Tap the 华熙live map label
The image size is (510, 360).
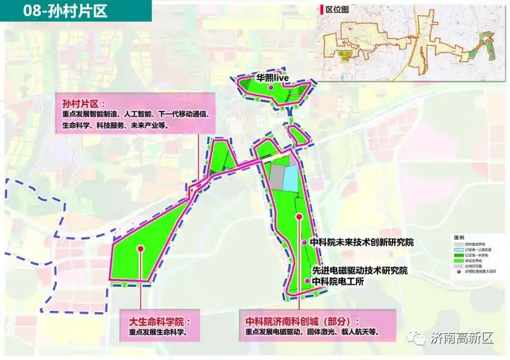pos(273,78)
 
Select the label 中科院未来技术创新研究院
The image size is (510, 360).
pos(361,243)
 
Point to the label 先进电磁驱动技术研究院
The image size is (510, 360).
pos(360,271)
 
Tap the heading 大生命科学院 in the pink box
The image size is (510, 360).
pos(156,321)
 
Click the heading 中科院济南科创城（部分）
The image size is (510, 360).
pos(303,321)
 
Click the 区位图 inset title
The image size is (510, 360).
pos(337,10)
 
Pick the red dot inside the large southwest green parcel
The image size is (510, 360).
pos(140,249)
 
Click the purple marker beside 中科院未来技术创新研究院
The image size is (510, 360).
pos(305,243)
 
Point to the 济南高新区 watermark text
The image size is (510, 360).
pos(462,338)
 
